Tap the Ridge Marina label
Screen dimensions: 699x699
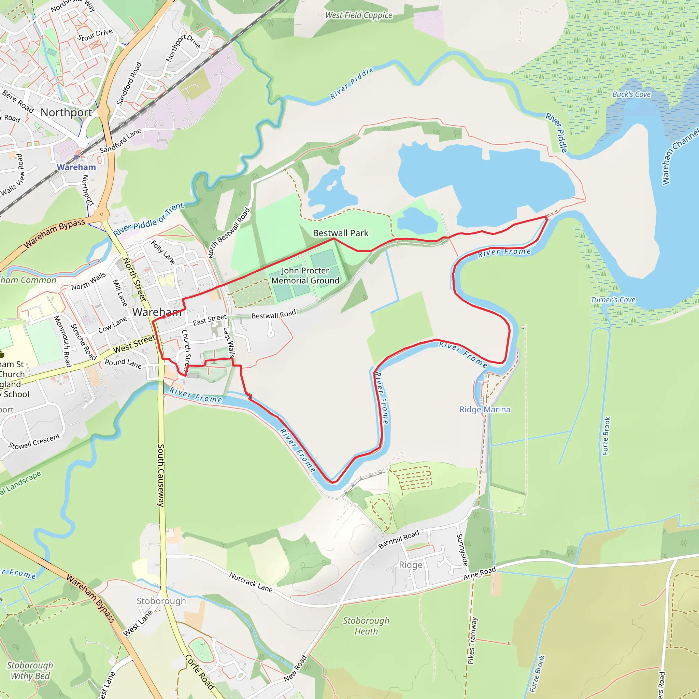[485, 410]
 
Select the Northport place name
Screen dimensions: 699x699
[66, 113]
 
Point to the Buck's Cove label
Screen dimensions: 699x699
[631, 95]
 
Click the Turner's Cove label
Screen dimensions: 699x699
[613, 300]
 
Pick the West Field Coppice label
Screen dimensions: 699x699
[359, 15]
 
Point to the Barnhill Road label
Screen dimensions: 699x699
[399, 539]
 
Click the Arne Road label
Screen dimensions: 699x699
[480, 573]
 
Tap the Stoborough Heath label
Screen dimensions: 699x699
[366, 626]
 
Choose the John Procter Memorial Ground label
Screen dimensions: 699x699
[305, 276]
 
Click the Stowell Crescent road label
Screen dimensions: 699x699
[34, 442]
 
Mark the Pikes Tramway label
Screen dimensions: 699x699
[472, 640]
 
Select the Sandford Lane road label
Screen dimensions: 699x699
[120, 141]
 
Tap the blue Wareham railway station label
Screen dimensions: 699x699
[76, 167]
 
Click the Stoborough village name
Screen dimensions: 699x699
[161, 601]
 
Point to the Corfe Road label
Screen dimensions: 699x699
[200, 672]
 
